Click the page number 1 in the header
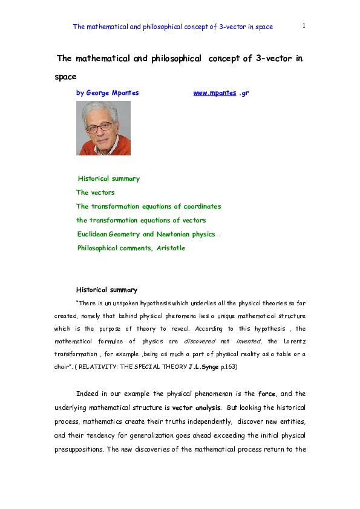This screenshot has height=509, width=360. [304, 25]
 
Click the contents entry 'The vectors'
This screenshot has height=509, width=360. [95, 192]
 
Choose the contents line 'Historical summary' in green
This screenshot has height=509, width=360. [109, 178]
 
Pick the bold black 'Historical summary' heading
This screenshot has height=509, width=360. [106, 290]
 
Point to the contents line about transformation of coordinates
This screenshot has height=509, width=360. [148, 206]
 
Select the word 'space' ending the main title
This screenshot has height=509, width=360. [65, 77]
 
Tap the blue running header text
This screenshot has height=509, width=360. [172, 27]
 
